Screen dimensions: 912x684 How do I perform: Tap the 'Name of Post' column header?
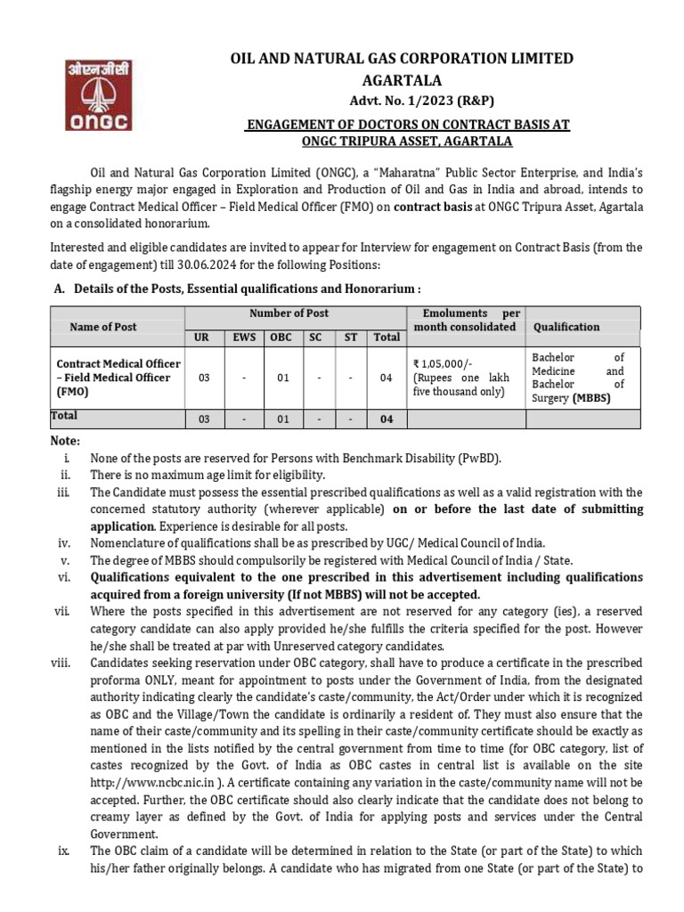pos(103,327)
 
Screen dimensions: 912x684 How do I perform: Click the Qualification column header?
pos(566,327)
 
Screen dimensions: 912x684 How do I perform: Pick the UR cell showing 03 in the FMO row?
pos(204,378)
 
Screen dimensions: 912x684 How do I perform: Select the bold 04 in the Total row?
pos(386,419)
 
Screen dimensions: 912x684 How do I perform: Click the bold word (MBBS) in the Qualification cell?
pos(591,398)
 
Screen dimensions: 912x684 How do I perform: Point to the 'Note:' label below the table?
pos(65,441)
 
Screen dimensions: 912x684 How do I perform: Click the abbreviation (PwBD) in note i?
pos(480,458)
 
